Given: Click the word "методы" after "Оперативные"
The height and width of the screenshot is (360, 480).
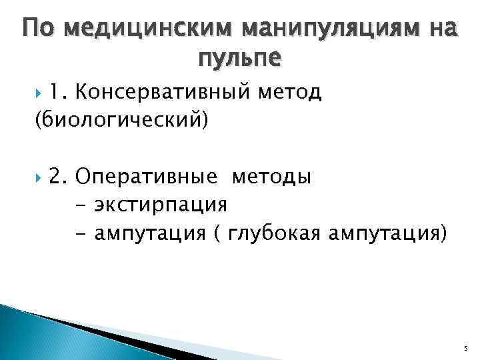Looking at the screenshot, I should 271,177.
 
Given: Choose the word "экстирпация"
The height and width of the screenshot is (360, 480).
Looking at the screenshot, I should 161,204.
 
